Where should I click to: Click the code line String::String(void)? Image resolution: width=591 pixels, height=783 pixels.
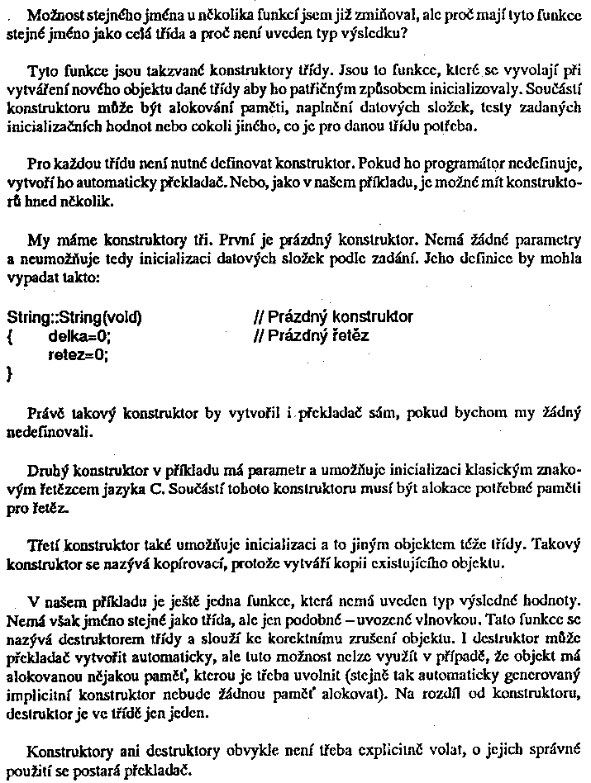pos(74,317)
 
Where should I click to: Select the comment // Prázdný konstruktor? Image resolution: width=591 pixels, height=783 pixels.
pos(334,317)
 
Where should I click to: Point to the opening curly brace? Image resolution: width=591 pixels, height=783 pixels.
pos(10,336)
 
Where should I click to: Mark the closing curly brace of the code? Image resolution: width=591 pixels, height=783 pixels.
pos(10,374)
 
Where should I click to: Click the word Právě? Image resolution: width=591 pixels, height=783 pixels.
pos(46,410)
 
